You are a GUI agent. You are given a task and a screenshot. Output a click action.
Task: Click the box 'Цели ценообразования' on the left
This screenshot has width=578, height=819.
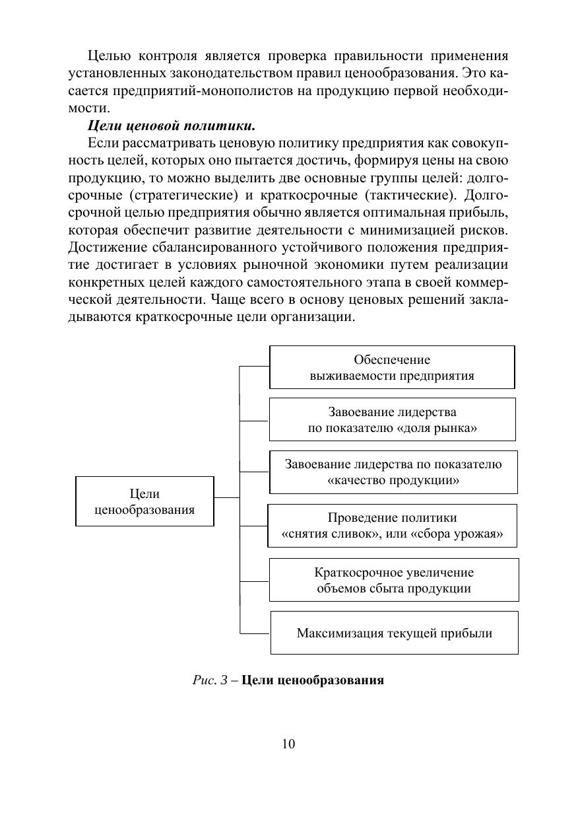(x=144, y=501)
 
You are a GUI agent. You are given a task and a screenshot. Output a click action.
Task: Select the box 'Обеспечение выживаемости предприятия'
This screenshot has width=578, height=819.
(x=392, y=368)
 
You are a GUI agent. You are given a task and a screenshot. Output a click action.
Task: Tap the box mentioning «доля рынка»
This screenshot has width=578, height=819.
(x=392, y=419)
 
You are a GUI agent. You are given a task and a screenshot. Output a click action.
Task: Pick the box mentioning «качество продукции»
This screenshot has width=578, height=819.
(x=393, y=472)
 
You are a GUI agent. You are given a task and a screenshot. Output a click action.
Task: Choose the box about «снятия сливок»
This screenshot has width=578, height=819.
(x=392, y=526)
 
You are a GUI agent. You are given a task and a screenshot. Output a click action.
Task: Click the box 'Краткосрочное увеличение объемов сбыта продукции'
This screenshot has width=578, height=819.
(x=394, y=580)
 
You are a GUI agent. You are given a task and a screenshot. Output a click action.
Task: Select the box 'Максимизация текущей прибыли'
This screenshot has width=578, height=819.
(x=394, y=633)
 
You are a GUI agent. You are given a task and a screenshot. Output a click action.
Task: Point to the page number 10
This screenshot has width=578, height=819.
(x=288, y=744)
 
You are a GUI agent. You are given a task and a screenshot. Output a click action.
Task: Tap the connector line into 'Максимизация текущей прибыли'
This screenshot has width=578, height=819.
(x=254, y=633)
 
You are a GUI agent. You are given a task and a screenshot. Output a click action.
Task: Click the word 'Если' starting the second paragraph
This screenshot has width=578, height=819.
(x=100, y=143)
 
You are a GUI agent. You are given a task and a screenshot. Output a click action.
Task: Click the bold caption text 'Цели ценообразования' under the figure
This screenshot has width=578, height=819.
(x=312, y=680)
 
